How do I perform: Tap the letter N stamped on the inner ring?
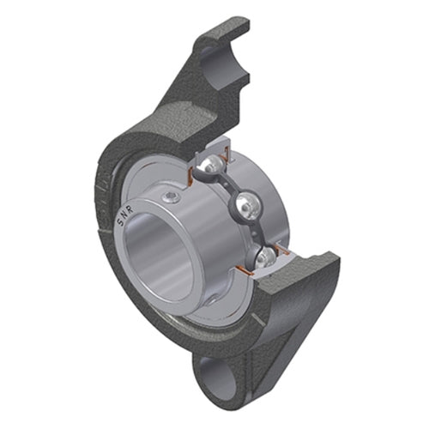124,215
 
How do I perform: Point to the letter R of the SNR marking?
130,209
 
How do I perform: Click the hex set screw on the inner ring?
169,196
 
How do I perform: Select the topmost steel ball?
213,166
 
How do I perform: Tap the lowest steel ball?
265,257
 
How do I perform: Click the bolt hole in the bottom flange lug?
218,378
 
